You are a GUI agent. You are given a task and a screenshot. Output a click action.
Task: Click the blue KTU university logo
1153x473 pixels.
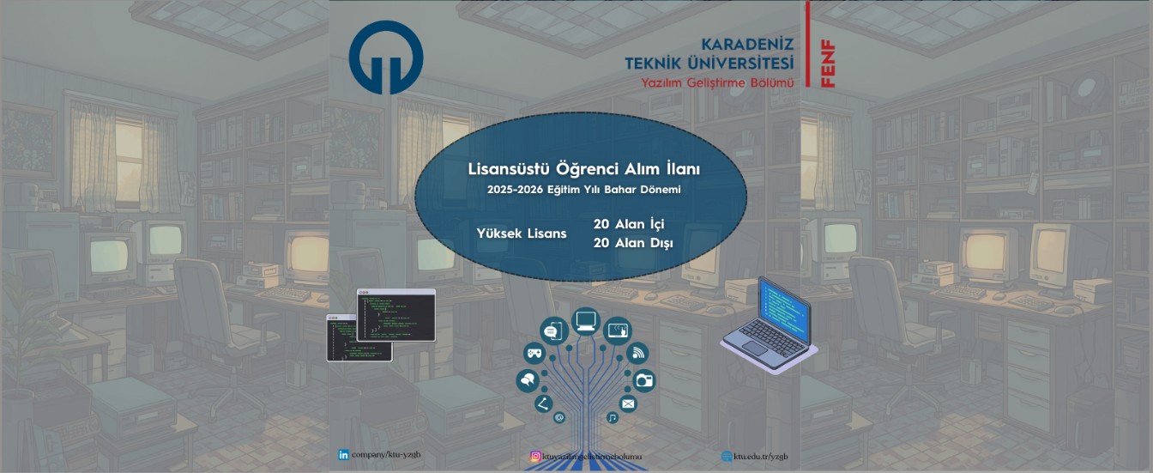tap(385, 57)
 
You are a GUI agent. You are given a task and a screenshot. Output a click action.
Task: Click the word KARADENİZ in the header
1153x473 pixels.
tap(747, 44)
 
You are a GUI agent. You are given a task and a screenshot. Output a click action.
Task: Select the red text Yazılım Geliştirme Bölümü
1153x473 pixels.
tap(718, 82)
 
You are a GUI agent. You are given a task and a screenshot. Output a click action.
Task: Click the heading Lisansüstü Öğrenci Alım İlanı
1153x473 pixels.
tap(583, 169)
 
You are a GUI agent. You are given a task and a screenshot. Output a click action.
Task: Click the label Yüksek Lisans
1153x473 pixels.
tap(522, 233)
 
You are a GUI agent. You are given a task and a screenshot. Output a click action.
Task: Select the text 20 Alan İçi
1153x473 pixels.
tap(628, 224)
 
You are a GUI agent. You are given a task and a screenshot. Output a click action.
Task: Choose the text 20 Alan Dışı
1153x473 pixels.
tap(633, 243)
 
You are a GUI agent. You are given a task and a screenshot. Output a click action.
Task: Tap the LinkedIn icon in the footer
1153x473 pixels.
tap(344, 454)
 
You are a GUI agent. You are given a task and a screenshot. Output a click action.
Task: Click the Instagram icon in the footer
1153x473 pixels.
tap(535, 457)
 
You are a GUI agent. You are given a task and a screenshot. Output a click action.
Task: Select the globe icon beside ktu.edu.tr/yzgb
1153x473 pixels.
tap(727, 456)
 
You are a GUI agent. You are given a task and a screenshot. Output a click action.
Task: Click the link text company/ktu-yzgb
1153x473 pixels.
tap(386, 454)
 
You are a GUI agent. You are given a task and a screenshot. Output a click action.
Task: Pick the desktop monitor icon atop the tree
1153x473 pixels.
tap(586, 321)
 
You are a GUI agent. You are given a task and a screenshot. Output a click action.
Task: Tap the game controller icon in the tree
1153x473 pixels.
tap(534, 352)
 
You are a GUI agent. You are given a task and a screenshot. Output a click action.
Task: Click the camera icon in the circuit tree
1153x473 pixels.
tap(643, 379)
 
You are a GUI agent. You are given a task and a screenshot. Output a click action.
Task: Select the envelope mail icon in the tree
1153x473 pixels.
tap(628, 403)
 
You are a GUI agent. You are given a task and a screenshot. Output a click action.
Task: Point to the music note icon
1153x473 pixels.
tap(612, 417)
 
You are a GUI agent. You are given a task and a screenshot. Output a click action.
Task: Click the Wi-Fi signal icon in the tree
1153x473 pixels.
tap(638, 352)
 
